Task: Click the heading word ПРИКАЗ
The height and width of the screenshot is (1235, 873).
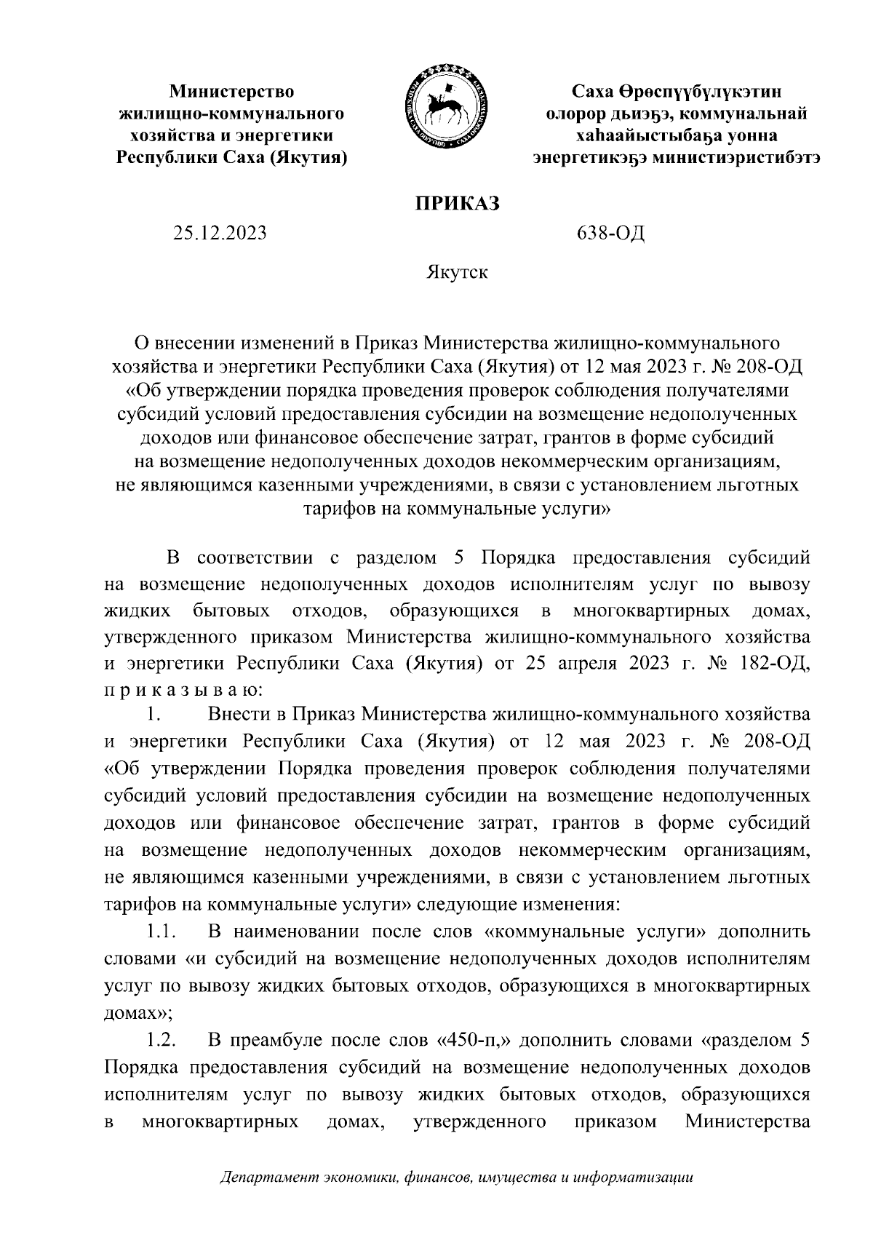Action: coord(457,204)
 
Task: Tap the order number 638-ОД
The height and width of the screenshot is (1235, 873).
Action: coord(610,234)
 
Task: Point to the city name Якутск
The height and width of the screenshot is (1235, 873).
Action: coord(456,273)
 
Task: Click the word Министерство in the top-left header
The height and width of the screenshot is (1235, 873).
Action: coord(231,92)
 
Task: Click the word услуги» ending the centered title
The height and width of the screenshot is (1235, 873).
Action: coord(574,509)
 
